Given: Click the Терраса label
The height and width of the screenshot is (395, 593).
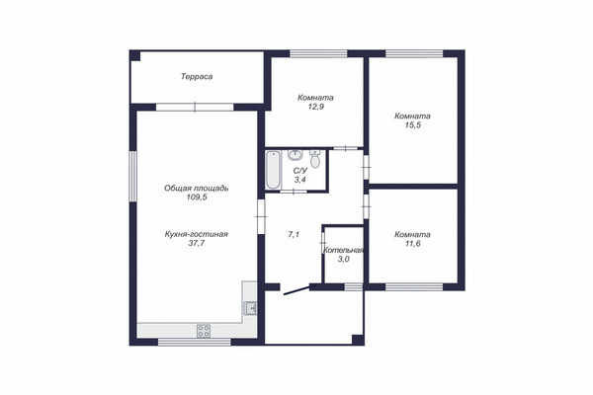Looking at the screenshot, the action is pos(197,77).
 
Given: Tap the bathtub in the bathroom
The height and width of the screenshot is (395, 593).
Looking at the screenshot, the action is pos(273,170).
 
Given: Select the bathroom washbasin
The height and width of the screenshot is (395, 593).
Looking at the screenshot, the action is pos(295,155).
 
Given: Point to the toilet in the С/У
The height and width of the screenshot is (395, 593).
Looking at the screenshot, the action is pos(314,159).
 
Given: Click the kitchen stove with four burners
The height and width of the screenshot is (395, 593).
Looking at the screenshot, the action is pos(204,331).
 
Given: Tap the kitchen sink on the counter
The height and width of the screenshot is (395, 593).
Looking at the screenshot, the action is pos(250,308).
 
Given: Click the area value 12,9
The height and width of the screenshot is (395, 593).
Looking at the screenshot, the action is pos(316,107).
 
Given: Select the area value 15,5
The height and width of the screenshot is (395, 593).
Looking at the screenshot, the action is pos(412,125).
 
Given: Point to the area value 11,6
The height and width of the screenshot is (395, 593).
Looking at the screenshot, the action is pos(412,244).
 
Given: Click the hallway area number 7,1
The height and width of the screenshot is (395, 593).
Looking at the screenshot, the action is pos(294,234).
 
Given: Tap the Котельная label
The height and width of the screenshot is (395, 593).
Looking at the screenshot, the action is pos(343,250).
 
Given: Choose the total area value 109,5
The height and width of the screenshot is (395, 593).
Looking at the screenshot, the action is pos(197,197).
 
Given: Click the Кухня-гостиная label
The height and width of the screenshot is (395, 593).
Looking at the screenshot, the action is pos(197,234).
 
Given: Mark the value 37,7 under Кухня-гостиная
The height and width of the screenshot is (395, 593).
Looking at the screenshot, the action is pos(197,244).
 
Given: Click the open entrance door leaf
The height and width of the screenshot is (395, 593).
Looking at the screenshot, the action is pos(296,290).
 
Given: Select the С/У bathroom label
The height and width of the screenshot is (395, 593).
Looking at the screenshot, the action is pos(300,171).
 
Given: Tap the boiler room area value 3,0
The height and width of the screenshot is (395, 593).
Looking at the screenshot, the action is pos(343,260).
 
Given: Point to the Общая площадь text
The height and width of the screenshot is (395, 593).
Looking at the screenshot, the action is pos(197,188).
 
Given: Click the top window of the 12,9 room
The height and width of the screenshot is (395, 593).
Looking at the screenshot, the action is pos(318,53).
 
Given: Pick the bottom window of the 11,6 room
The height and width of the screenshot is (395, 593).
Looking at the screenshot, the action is pos(414,287).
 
